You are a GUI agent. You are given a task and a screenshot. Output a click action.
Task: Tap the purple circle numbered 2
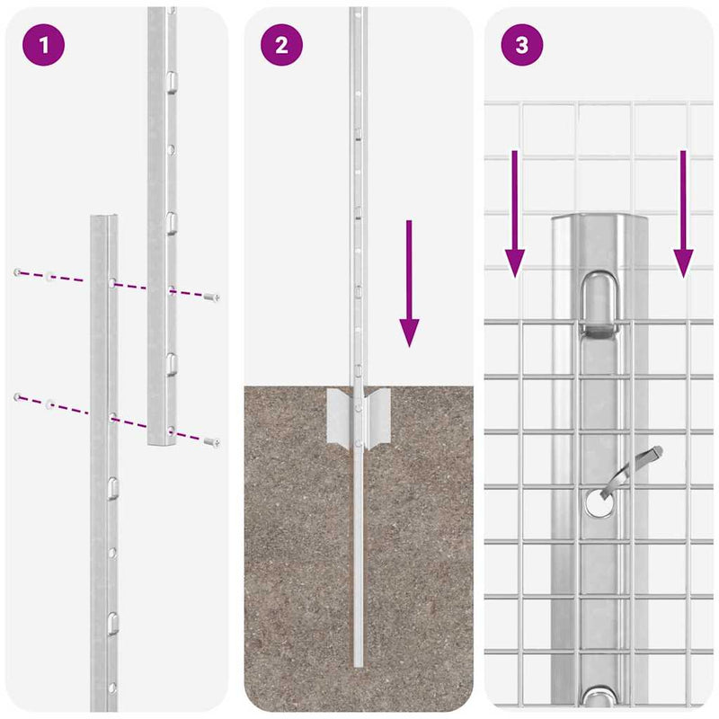click(281, 44)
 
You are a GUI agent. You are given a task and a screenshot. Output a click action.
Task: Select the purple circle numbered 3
click(522, 44)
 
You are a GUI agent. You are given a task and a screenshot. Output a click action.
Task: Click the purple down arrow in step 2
click(409, 283)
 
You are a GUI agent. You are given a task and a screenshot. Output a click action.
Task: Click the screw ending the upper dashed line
click(212, 297)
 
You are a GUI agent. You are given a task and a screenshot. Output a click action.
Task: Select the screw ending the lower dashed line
click(212, 440)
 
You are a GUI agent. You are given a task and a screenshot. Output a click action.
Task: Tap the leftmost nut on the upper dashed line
click(17, 271)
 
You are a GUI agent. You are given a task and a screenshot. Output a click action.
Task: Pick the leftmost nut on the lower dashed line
click(17, 396)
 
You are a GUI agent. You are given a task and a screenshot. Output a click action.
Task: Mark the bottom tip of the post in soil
click(358, 663)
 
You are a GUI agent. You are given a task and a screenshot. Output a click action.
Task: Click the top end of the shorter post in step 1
click(103, 218)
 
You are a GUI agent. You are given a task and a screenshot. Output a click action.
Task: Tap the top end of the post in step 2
click(358, 11)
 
